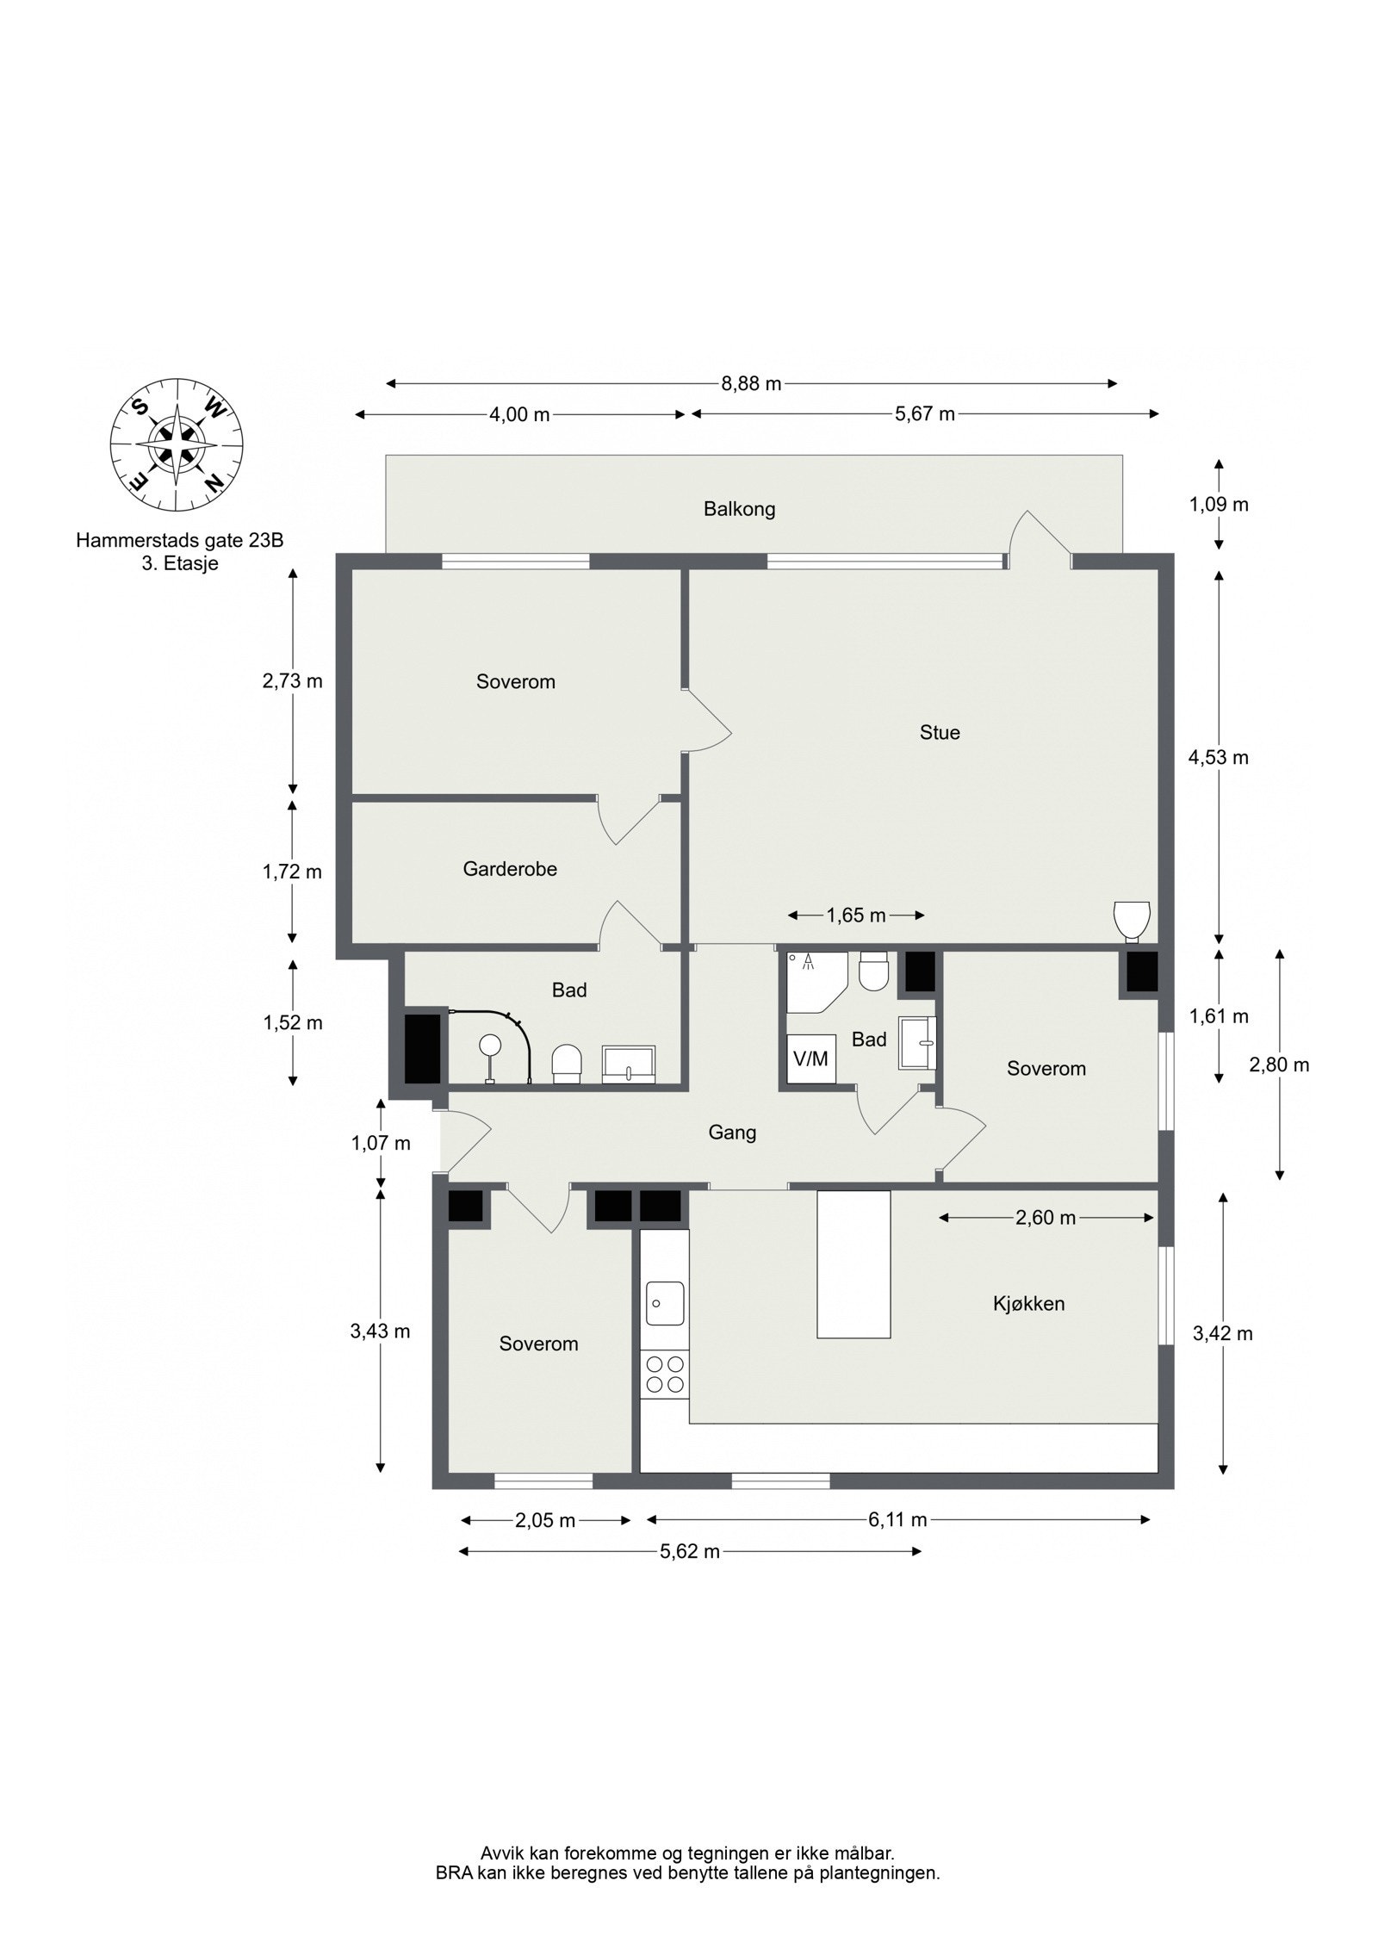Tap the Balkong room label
739,509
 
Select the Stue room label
940,732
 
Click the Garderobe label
510,869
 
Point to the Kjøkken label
1028,1304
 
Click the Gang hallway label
732,1132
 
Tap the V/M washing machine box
810,1058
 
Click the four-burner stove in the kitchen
665,1375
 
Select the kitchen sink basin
665,1304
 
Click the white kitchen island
853,1264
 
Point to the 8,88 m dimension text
752,383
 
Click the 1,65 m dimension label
856,916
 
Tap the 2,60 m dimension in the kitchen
1046,1218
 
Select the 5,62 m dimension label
690,1551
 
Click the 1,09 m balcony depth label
1219,505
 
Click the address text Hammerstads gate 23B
179,541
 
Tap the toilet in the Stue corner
1132,920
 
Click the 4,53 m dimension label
1218,758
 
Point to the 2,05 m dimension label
545,1520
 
